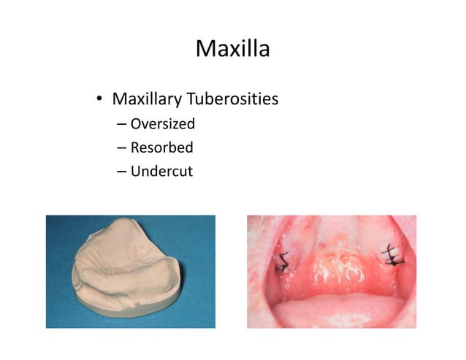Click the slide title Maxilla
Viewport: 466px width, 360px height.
coord(233,49)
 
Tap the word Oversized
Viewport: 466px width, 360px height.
coord(162,123)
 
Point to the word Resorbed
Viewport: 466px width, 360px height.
coord(161,148)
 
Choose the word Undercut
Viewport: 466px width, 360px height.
coord(161,172)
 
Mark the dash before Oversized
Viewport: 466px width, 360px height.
coord(121,124)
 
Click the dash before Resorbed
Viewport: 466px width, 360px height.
coord(121,149)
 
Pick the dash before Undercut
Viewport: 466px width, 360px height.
coord(121,173)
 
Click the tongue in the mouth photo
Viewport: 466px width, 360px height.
coord(332,310)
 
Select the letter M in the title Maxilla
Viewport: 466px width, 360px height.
coord(205,49)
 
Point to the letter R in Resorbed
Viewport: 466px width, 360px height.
coord(135,148)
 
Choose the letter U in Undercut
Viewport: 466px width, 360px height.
coord(136,172)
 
